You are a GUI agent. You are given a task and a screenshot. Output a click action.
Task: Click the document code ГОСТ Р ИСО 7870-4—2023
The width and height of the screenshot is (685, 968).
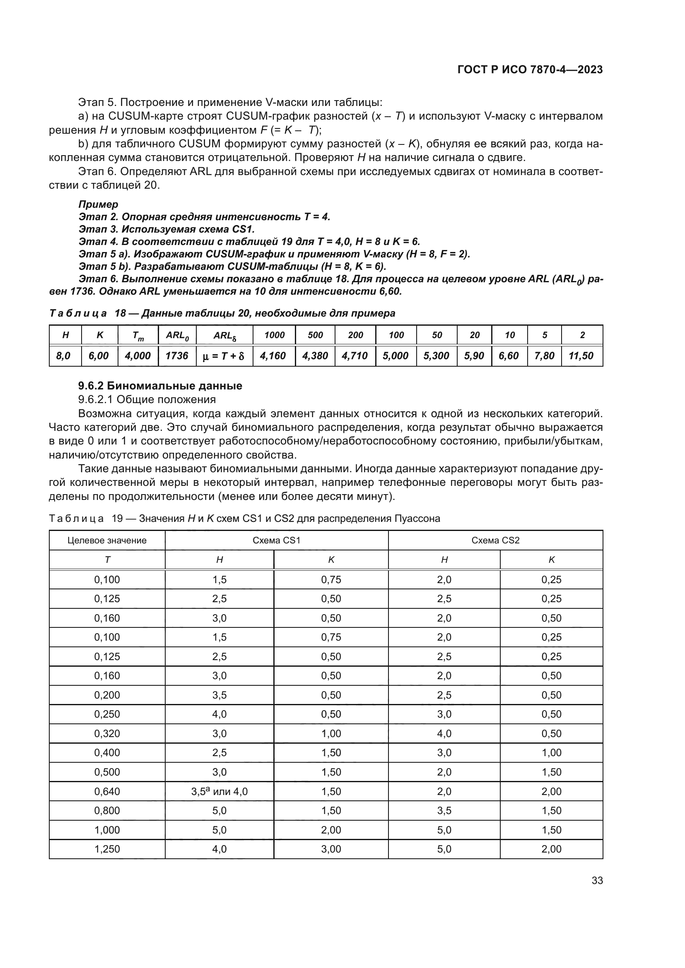coord(530,70)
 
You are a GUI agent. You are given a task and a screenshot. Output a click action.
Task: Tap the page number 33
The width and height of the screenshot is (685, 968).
coord(597,881)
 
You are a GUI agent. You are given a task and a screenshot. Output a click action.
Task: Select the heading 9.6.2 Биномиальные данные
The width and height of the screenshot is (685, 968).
coord(160,386)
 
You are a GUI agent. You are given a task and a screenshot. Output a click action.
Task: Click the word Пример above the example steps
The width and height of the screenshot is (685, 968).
coord(98,204)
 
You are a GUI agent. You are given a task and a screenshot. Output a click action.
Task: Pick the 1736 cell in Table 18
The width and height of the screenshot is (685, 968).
coord(177,356)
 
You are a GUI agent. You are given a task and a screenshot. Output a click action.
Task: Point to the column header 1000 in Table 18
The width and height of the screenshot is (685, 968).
coord(274,335)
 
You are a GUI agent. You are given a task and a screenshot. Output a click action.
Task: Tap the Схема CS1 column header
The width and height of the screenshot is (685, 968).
coord(276,540)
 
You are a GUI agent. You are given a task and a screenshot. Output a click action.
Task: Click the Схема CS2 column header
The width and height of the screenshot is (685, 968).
coord(495,540)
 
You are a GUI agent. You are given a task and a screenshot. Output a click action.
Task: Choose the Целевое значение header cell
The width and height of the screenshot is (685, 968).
coord(107,540)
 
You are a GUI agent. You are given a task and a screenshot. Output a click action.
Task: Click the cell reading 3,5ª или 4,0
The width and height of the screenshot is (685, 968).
coord(219,792)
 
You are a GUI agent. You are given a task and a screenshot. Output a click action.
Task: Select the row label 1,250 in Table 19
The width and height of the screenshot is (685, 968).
coord(107,849)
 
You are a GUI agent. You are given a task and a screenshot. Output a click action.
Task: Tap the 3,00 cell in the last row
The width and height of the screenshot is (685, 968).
coord(331,849)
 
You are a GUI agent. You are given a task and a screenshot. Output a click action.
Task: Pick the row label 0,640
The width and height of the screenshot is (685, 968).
coord(107,792)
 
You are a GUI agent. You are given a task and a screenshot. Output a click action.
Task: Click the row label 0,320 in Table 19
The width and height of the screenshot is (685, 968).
coord(107,734)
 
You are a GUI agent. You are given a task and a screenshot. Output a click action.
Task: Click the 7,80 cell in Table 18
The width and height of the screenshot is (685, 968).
coord(544,356)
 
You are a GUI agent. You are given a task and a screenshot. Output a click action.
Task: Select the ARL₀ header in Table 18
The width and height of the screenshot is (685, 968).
coord(177,336)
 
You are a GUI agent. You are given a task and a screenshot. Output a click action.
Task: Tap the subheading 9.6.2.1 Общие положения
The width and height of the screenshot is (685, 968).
coord(147,399)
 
